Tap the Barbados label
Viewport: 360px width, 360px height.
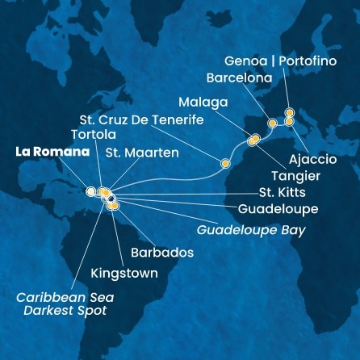click(162, 252)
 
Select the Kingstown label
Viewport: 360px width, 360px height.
click(125, 274)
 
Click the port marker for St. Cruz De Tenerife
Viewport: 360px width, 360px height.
click(226, 163)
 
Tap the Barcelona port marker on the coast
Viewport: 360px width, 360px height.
click(272, 123)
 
